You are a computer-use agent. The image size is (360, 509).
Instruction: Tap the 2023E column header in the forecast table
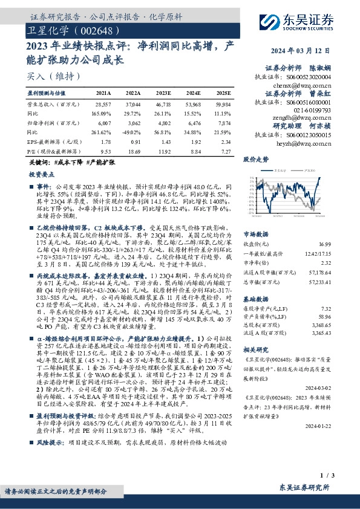(164, 93)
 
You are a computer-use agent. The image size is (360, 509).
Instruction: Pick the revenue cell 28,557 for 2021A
(103, 105)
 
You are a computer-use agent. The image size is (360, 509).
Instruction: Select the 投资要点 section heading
(43, 173)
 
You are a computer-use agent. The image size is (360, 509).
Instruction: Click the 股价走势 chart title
(256, 161)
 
